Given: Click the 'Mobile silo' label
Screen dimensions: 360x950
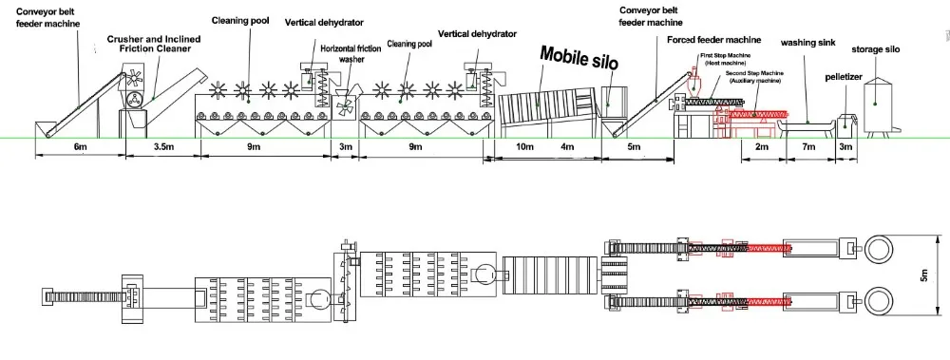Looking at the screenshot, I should [x=579, y=58].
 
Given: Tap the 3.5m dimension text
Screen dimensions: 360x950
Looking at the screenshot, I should [x=161, y=148].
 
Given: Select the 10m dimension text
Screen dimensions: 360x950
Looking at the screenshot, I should [x=522, y=148].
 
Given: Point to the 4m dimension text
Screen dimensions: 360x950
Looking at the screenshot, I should [x=568, y=148].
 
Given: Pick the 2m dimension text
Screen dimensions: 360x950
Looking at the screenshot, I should [x=761, y=148].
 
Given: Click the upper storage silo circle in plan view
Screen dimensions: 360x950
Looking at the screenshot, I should [x=879, y=250].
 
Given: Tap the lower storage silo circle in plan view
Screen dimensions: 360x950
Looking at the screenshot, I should [x=879, y=302].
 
